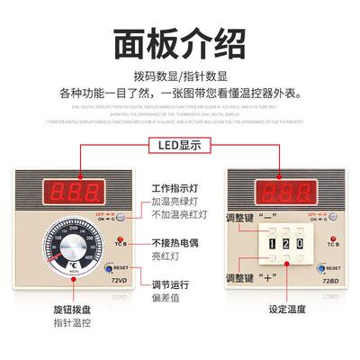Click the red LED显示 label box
click(181, 145)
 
